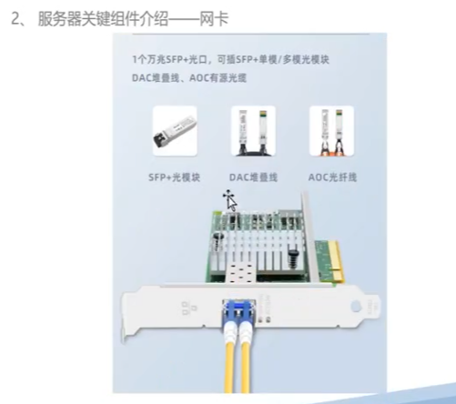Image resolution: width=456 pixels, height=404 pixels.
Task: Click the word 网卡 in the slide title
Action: pyautogui.click(x=214, y=18)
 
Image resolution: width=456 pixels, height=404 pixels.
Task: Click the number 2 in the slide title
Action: pyautogui.click(x=15, y=18)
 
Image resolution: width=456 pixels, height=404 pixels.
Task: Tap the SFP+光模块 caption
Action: pyautogui.click(x=175, y=177)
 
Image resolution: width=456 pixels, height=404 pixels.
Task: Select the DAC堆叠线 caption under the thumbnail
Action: pyautogui.click(x=253, y=177)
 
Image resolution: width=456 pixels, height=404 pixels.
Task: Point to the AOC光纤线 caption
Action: pyautogui.click(x=332, y=177)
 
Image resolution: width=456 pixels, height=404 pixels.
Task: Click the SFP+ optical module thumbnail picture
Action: pyautogui.click(x=175, y=131)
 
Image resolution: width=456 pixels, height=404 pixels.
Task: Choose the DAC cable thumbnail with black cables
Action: pyautogui.click(x=253, y=131)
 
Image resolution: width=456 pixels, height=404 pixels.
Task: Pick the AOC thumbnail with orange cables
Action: pyautogui.click(x=331, y=131)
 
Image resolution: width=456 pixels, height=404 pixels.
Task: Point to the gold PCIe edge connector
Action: pyautogui.click(x=337, y=260)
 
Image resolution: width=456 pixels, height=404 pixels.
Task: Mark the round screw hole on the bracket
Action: pyautogui.click(x=356, y=307)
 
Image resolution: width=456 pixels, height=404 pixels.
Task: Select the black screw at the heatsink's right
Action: pyautogui.click(x=292, y=258)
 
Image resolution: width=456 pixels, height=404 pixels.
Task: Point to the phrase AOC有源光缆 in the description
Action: pyautogui.click(x=218, y=78)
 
